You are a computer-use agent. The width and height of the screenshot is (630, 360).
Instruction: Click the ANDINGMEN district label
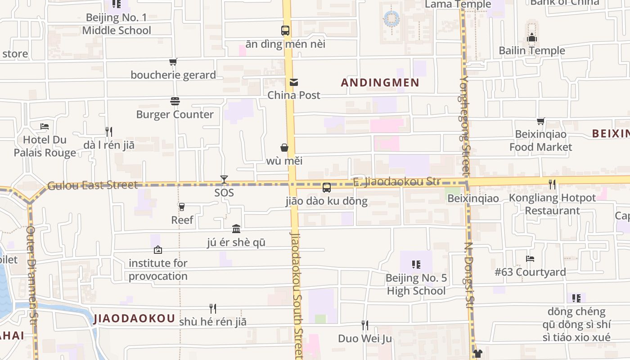point(380,83)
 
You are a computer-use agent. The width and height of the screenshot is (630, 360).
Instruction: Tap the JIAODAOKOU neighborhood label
point(134,319)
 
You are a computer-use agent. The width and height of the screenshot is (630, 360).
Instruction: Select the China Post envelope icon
point(294,82)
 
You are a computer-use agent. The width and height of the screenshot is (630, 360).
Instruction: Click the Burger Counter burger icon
point(175,102)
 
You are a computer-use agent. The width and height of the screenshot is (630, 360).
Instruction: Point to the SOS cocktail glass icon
point(224,180)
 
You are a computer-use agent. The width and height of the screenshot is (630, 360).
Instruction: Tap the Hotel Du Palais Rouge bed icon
point(45,126)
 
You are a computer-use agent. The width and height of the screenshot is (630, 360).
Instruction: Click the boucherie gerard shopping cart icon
point(173,62)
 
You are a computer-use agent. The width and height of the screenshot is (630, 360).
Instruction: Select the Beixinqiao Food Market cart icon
point(540,121)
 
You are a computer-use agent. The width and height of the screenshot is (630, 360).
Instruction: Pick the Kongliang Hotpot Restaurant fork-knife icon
point(552,184)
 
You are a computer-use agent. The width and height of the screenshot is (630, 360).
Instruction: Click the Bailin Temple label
point(532,50)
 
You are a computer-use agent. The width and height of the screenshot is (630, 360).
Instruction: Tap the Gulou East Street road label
point(92,185)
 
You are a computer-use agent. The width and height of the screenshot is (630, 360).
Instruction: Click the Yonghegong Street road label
point(465,126)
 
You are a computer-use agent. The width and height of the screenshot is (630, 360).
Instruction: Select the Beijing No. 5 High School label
point(416,284)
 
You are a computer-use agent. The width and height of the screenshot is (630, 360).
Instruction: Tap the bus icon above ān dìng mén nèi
point(285,31)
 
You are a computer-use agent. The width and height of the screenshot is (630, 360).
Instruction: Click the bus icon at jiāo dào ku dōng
point(327,188)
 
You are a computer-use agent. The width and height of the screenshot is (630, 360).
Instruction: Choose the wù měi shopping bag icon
point(284,148)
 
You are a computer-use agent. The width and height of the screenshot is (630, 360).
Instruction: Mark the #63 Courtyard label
point(530,272)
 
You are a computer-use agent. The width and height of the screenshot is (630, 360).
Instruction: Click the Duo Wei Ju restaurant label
point(365,338)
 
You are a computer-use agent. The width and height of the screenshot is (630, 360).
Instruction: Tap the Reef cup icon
point(182,207)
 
